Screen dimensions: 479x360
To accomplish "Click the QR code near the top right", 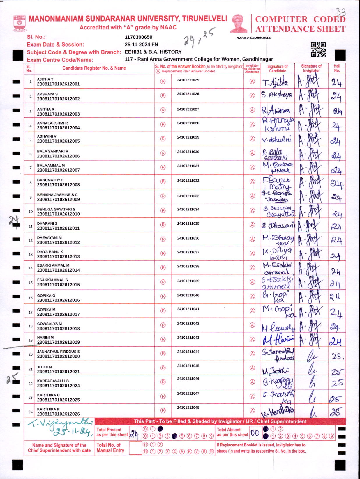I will tap(318, 49).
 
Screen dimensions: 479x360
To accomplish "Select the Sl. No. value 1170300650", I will tap(138, 37).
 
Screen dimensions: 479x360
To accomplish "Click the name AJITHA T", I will tap(45, 79).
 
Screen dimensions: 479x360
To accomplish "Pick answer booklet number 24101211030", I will tap(188, 152).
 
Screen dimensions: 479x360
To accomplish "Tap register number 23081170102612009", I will tap(58, 200).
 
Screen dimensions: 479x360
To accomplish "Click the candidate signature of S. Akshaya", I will tap(276, 95).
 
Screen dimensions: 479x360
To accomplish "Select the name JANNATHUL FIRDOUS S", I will tap(58, 352).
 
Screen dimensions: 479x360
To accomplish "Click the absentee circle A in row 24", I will tap(252, 411).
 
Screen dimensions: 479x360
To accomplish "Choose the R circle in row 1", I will tap(163, 81).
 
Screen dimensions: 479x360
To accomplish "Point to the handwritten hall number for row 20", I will tap(337, 356).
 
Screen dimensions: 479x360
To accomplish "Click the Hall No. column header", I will tap(337, 68).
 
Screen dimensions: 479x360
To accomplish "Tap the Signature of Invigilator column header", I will tap(311, 68).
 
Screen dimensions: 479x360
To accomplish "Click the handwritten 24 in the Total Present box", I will tap(134, 434).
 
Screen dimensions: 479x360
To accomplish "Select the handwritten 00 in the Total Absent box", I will tap(255, 433).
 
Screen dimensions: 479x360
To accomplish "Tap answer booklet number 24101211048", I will tap(188, 407).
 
